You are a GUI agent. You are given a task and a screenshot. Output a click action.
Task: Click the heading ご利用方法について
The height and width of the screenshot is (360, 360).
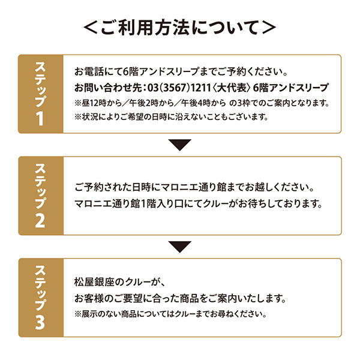(180, 28)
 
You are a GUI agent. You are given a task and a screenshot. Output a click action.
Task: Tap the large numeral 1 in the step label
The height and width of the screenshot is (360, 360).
(40, 118)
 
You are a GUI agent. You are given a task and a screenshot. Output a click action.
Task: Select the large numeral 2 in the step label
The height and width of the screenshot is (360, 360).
(40, 220)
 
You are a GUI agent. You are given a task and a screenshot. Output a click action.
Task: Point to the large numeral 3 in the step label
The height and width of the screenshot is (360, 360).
(40, 322)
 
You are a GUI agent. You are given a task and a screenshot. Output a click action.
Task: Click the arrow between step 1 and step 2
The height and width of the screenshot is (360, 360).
(180, 145)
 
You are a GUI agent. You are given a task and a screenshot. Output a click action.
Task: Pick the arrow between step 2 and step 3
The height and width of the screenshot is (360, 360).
(180, 247)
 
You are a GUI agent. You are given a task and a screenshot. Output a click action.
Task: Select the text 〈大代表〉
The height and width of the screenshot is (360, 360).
(231, 88)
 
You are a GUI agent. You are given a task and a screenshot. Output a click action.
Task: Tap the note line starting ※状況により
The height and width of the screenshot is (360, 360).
(171, 117)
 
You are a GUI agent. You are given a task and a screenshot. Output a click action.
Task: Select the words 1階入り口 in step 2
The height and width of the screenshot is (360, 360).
(162, 204)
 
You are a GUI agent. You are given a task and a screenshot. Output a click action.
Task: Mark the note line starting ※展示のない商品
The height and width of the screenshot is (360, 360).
(170, 314)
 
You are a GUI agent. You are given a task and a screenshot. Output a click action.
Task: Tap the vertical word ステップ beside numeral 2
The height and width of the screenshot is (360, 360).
(40, 186)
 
